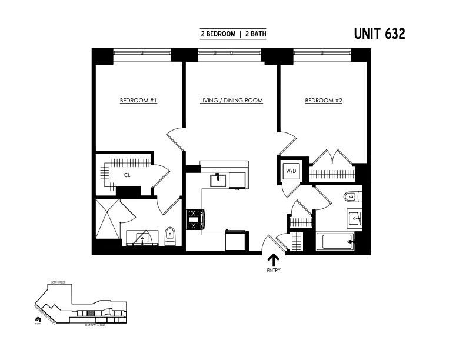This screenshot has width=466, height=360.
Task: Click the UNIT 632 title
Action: (379, 34)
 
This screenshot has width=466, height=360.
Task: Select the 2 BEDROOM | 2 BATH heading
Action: (234, 34)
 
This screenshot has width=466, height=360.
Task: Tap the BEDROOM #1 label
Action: (138, 101)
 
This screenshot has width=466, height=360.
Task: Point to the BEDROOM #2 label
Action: (324, 101)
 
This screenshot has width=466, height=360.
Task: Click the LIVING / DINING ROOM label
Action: (231, 101)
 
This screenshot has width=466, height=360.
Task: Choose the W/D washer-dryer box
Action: (291, 171)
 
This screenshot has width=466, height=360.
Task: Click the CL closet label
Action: (127, 175)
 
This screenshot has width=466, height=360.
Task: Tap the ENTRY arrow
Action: (274, 260)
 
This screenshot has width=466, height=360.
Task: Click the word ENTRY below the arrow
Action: (274, 271)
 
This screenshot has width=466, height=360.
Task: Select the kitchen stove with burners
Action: (194, 219)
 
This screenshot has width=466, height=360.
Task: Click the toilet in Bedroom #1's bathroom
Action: (170, 236)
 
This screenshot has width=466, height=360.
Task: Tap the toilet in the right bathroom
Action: (351, 197)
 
